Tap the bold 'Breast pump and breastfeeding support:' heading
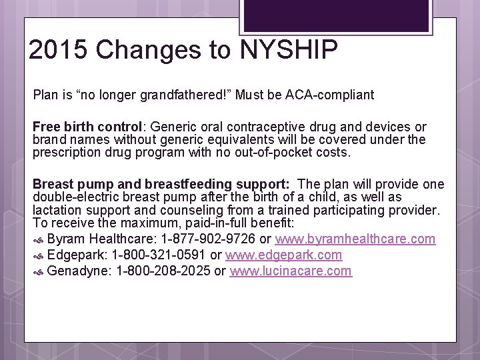pos(161,184)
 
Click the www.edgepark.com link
pos(284,255)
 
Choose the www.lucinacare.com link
pos(291,271)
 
